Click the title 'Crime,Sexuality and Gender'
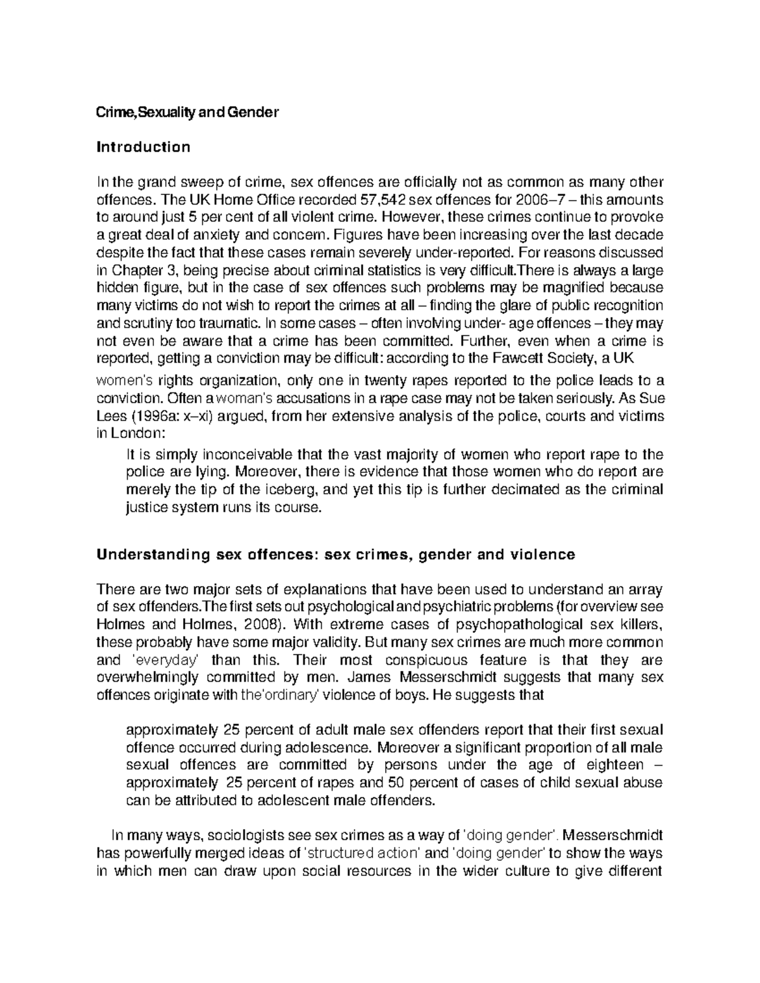[x=187, y=113]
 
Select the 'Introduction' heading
[x=142, y=147]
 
